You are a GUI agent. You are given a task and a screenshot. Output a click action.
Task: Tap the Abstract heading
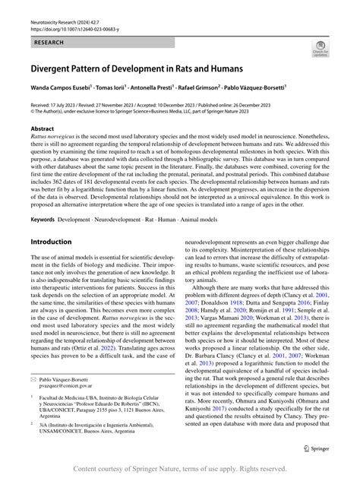click(x=42, y=130)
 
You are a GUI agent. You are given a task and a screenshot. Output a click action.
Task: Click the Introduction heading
click(x=51, y=242)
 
